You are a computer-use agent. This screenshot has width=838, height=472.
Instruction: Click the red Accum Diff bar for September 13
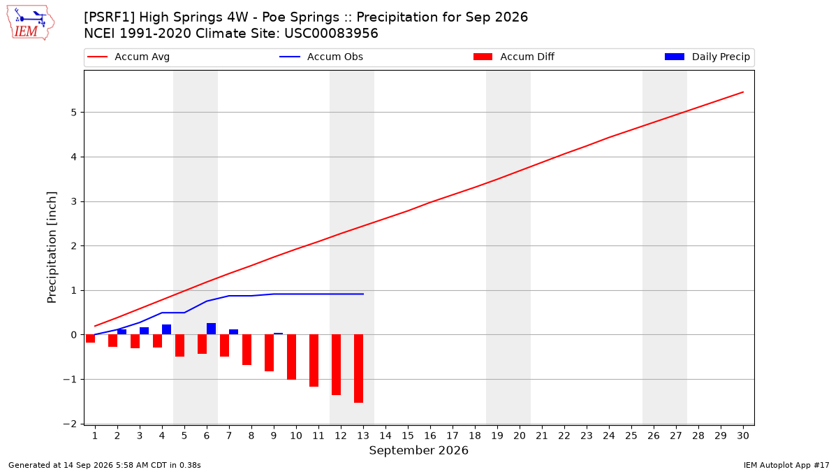point(358,369)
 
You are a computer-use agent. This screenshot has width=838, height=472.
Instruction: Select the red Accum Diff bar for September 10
point(291,357)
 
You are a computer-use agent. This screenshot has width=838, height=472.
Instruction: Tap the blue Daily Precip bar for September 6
point(211,329)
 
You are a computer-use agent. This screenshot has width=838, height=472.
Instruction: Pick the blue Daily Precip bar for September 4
point(166,329)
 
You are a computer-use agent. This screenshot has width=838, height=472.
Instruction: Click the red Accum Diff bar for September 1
point(90,338)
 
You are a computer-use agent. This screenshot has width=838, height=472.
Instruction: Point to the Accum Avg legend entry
point(128,57)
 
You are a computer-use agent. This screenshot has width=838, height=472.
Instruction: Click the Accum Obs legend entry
point(321,57)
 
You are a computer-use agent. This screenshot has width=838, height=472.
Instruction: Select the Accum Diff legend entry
point(514,57)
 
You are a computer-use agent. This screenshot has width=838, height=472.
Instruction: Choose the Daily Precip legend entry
point(707,57)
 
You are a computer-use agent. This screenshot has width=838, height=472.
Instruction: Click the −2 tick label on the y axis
point(70,424)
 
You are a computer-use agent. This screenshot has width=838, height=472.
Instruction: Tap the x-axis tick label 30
point(743,436)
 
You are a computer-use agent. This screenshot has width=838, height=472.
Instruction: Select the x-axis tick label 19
point(497,436)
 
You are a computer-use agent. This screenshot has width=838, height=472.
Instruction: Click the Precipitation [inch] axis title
point(52,248)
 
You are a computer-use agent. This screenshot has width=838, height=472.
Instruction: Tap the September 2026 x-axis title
point(418,450)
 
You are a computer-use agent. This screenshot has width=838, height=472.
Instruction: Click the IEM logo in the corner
point(30,23)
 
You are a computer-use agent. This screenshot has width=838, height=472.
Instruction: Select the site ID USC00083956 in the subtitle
point(331,34)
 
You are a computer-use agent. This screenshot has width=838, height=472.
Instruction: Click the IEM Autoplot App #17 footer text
point(786,465)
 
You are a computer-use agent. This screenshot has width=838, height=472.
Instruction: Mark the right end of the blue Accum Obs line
point(363,294)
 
